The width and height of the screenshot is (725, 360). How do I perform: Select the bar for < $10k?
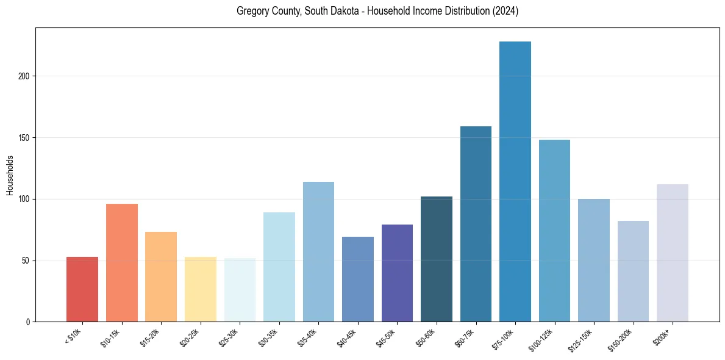[x=82, y=289]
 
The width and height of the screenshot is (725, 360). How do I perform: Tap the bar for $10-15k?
[x=122, y=262]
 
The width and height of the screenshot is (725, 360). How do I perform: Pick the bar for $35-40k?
[x=318, y=251]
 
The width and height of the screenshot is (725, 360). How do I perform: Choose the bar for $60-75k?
[x=476, y=224]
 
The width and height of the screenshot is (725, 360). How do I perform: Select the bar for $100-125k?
[x=554, y=231]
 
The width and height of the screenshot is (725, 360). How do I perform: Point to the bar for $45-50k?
[x=397, y=273]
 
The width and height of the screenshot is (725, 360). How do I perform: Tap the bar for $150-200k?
[x=633, y=271]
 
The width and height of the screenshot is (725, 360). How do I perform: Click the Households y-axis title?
[x=10, y=175]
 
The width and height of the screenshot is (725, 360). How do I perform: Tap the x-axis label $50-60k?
[x=426, y=337]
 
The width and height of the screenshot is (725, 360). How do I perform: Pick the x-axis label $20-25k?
[x=190, y=337]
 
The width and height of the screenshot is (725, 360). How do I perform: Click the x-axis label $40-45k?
[x=347, y=337]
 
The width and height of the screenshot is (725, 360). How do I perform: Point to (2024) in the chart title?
[x=504, y=12]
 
